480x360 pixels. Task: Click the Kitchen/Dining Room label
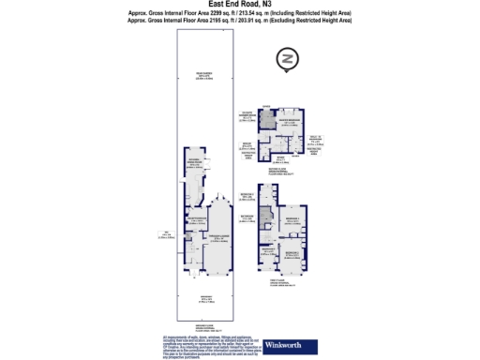point(195,161)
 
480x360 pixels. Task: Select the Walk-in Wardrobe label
point(316,142)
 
